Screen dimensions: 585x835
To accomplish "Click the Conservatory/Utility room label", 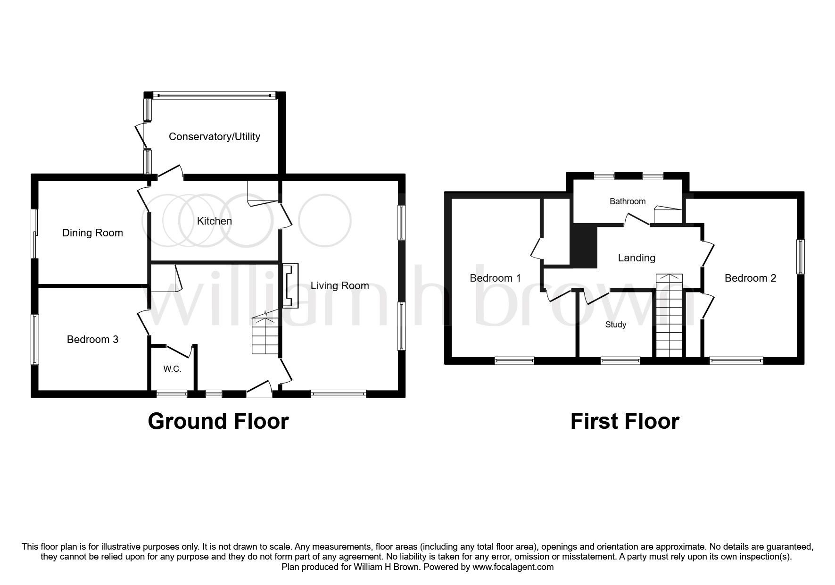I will [x=214, y=137].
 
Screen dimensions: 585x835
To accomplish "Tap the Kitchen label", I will [x=214, y=221].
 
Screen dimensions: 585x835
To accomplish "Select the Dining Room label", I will [x=92, y=233].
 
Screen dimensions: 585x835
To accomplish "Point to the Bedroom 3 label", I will [x=92, y=339].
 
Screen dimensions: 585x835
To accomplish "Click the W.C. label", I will [x=172, y=369].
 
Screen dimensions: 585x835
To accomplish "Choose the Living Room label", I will [x=339, y=285].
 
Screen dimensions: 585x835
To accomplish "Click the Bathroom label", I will [x=627, y=201].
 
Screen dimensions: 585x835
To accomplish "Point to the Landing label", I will [x=637, y=258].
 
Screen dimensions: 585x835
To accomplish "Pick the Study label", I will [x=615, y=325].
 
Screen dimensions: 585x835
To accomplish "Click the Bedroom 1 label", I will [x=495, y=278].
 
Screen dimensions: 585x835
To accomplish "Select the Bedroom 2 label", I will [x=750, y=278].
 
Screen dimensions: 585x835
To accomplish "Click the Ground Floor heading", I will [x=218, y=421].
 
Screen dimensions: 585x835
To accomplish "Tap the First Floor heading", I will [x=624, y=421].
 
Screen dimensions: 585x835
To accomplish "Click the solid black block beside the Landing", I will [x=583, y=245].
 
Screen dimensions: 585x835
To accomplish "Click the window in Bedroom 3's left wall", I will [x=35, y=339].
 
